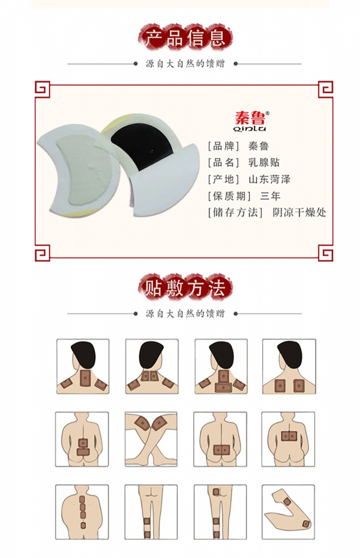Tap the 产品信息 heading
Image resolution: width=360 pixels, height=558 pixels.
185,38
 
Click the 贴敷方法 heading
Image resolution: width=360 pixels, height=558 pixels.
185,288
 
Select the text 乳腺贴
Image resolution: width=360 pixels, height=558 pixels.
264,163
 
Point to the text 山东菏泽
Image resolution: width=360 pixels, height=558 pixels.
269,179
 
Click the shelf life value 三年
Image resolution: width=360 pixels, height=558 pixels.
270,196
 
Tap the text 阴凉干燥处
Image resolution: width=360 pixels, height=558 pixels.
299,213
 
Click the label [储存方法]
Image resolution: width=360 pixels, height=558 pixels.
235,213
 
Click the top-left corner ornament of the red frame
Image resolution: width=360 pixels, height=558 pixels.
42,89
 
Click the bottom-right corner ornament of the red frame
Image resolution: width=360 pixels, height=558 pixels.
326,253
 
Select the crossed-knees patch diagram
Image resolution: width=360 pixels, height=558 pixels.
151,439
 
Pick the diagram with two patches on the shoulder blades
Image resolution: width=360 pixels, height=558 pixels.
289,366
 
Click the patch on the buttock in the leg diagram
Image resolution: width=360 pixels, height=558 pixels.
216,492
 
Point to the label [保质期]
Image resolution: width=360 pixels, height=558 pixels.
229,196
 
